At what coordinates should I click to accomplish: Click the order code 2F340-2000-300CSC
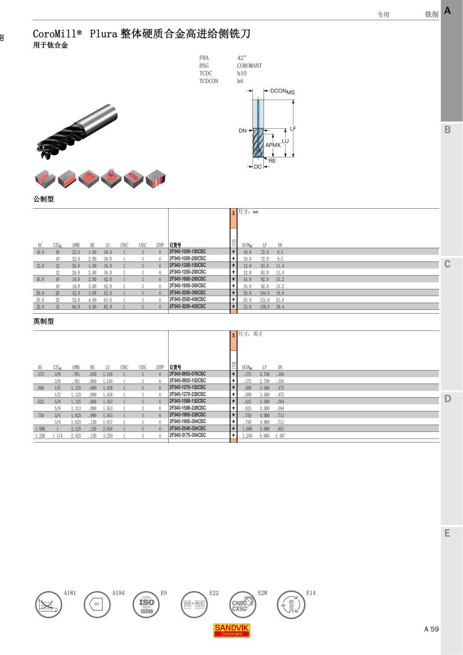pos(188,293)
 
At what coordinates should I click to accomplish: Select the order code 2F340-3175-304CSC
pos(188,435)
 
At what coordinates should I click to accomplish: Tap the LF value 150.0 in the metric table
pos(264,307)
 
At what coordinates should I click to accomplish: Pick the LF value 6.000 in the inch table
pos(264,436)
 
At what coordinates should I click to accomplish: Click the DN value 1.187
pos(280,436)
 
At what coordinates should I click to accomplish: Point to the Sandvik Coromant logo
pos(231,630)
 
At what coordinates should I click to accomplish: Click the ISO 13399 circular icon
pos(146,604)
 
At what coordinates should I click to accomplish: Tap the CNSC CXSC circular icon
pos(243,604)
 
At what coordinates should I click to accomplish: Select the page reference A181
pos(69,593)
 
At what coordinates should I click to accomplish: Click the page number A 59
pos(431,629)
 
